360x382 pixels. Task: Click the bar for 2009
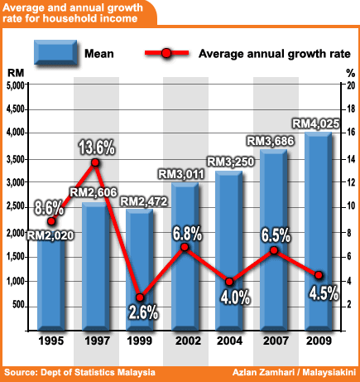(x=318, y=232)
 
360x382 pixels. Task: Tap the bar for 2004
(x=228, y=249)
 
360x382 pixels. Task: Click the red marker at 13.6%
(x=95, y=162)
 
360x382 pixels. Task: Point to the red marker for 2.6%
(x=141, y=297)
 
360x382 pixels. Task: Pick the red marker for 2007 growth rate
(x=275, y=250)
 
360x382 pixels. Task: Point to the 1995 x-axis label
(x=50, y=340)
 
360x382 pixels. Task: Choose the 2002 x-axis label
(x=185, y=340)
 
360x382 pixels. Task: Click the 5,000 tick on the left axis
(x=14, y=86)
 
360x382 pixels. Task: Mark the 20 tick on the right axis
(x=349, y=86)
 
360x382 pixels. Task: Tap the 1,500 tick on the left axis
(x=14, y=258)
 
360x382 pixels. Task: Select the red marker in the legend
(x=166, y=55)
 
